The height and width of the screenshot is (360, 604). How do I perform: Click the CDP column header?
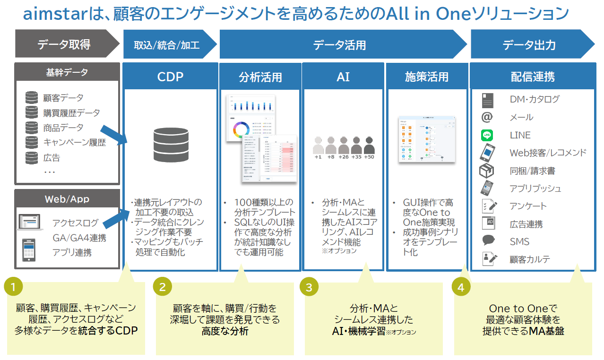pyautogui.click(x=170, y=77)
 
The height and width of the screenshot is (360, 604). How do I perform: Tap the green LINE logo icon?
pyautogui.click(x=487, y=136)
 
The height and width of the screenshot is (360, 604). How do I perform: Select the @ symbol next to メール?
pyautogui.click(x=487, y=117)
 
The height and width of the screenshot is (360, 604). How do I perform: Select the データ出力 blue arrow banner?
pyautogui.click(x=529, y=45)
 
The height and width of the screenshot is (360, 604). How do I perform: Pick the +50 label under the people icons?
pyautogui.click(x=369, y=157)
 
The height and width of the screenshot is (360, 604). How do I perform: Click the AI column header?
pyautogui.click(x=343, y=77)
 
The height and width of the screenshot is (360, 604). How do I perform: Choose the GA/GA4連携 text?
pyautogui.click(x=79, y=238)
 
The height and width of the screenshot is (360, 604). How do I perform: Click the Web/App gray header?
pyautogui.click(x=67, y=199)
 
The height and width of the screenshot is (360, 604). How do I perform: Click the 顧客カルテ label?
pyautogui.click(x=530, y=259)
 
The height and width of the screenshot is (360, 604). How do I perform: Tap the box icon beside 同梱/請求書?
pyautogui.click(x=487, y=171)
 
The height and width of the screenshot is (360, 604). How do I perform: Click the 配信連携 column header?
pyautogui.click(x=533, y=77)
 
